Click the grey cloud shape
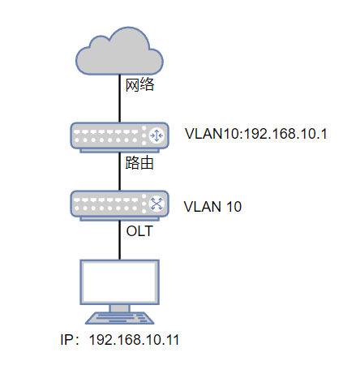(x=119, y=54)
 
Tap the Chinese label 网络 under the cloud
(x=139, y=84)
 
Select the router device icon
(x=120, y=137)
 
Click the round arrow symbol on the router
(x=156, y=135)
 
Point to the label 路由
(x=139, y=163)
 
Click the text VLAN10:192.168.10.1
(x=256, y=134)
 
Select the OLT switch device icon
(x=120, y=205)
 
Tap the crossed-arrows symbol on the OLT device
(x=156, y=204)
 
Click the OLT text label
(x=139, y=231)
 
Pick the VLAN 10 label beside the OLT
(x=212, y=207)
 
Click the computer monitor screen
(x=119, y=282)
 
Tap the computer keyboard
(x=120, y=318)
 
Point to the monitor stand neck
(x=119, y=308)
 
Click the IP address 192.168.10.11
(x=134, y=340)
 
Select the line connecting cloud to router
(x=119, y=98)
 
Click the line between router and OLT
(x=119, y=172)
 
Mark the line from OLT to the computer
(x=119, y=240)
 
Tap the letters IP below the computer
(x=66, y=340)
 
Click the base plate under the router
(x=119, y=151)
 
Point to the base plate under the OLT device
(x=119, y=219)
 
